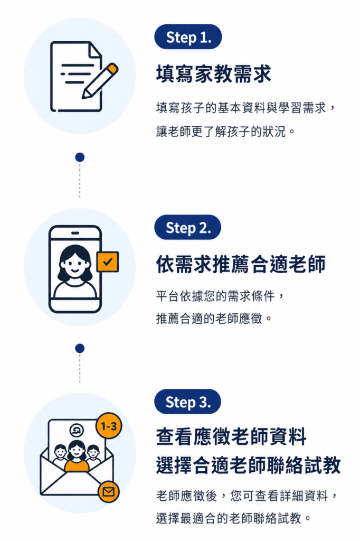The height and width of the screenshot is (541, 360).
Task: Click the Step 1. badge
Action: click(188, 37)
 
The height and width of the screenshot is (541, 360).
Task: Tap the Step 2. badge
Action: click(187, 227)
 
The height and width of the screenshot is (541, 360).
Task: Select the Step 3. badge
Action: click(187, 402)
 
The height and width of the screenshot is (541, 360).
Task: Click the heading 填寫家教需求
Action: click(214, 74)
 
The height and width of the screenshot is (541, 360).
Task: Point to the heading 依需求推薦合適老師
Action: click(241, 264)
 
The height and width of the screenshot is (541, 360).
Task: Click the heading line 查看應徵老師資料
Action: click(231, 436)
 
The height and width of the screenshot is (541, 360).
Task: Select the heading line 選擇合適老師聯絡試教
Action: click(248, 465)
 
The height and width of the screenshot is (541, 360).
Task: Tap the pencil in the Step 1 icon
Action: click(100, 80)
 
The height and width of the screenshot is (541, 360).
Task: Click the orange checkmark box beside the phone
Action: click(108, 262)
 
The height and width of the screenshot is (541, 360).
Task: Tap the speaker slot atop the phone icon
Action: click(75, 233)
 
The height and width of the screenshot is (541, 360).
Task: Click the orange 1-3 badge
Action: click(109, 426)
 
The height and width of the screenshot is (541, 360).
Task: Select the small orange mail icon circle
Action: click(109, 491)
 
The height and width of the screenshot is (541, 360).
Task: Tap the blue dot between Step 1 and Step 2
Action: click(80, 157)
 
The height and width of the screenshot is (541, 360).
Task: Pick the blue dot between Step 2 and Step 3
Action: click(80, 348)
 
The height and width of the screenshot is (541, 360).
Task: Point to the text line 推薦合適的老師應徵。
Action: click(214, 318)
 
